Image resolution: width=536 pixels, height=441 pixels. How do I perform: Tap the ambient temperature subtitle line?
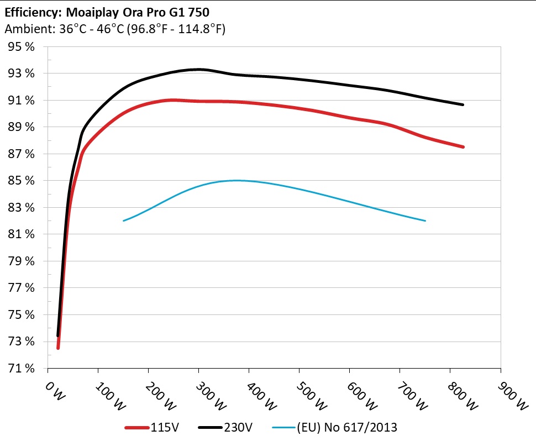coord(114,29)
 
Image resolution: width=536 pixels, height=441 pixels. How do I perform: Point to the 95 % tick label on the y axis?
coord(22,47)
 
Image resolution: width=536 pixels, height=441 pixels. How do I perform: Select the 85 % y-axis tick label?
coord(22,181)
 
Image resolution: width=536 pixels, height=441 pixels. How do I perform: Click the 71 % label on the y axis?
coord(22,368)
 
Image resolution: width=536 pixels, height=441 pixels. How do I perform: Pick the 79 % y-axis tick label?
coord(22,261)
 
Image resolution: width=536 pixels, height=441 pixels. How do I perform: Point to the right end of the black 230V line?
coord(463,104)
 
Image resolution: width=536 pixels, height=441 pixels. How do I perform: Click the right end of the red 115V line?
coord(463,147)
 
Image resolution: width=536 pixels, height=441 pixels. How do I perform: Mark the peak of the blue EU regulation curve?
coord(237,180)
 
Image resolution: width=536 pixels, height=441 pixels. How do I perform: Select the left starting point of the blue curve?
coord(123,221)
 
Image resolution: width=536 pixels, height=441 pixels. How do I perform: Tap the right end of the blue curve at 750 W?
coord(425,221)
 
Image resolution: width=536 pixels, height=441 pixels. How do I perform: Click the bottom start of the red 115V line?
coord(58,348)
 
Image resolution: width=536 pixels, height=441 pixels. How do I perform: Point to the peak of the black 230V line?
coord(198,69)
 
